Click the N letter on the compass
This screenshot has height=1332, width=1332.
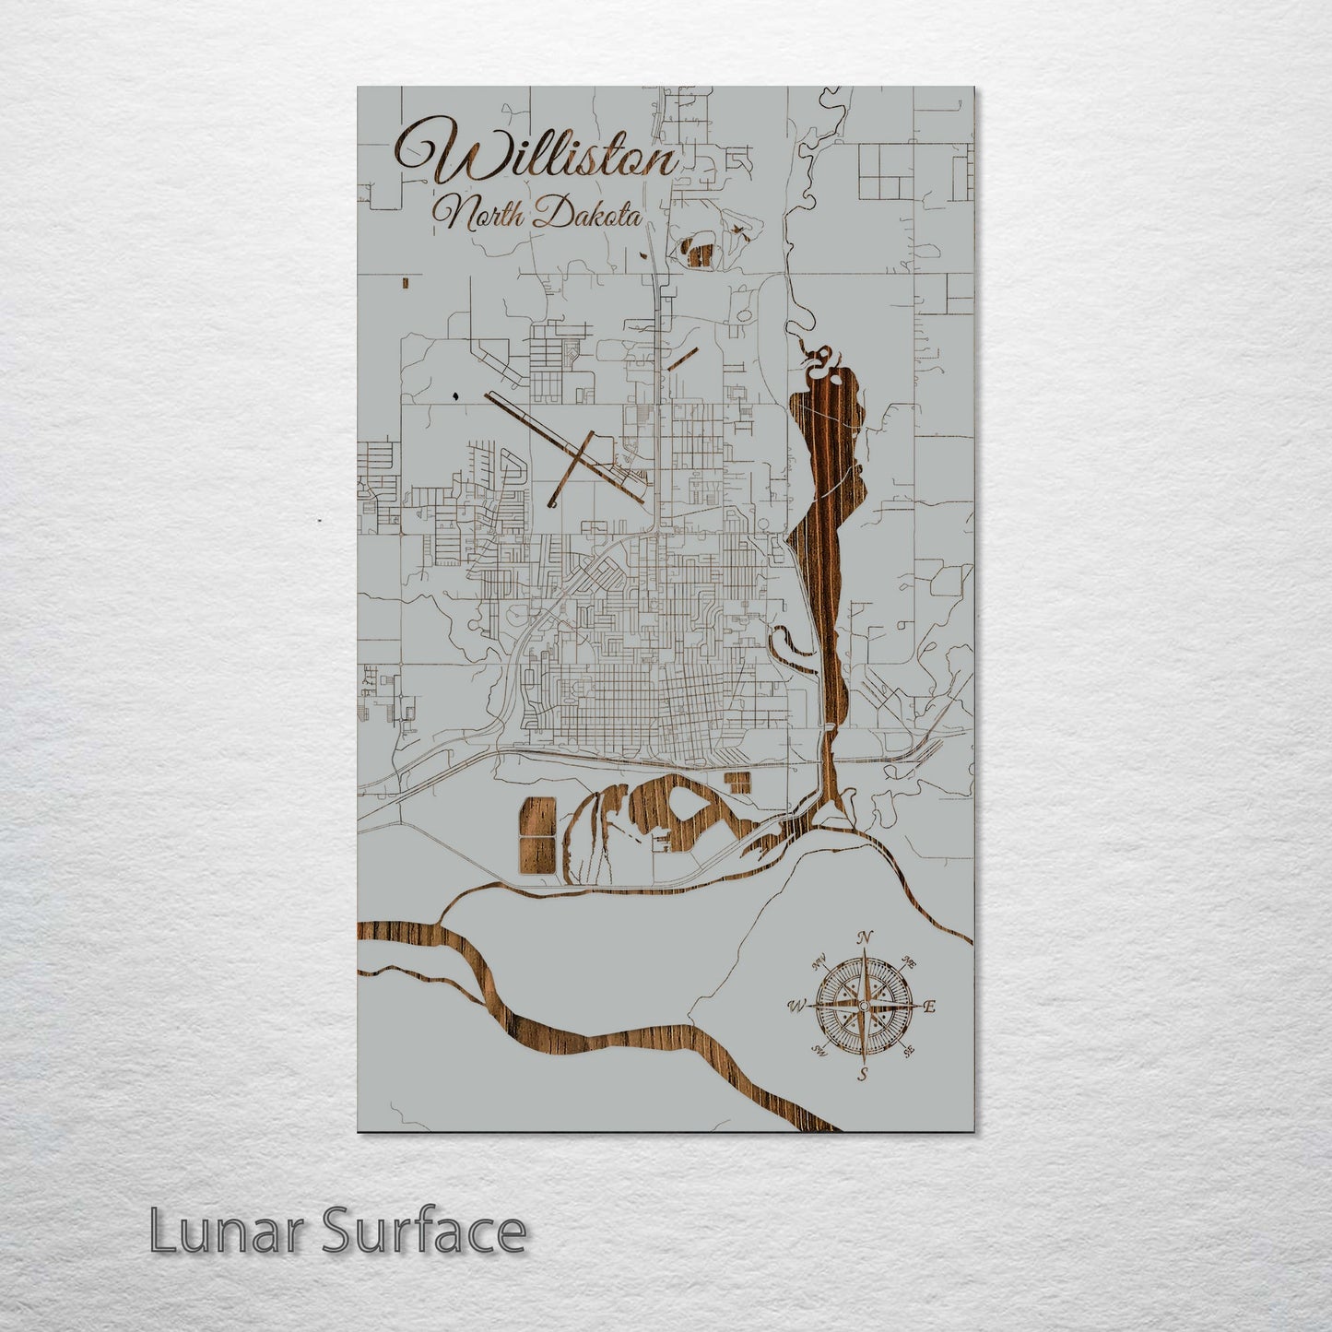[865, 937]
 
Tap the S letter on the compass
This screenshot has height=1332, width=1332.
[864, 1074]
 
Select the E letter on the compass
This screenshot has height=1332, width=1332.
[929, 1007]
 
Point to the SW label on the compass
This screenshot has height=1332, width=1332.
[818, 1050]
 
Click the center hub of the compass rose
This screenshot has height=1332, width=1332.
[864, 1006]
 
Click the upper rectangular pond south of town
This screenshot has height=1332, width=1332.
[538, 817]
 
